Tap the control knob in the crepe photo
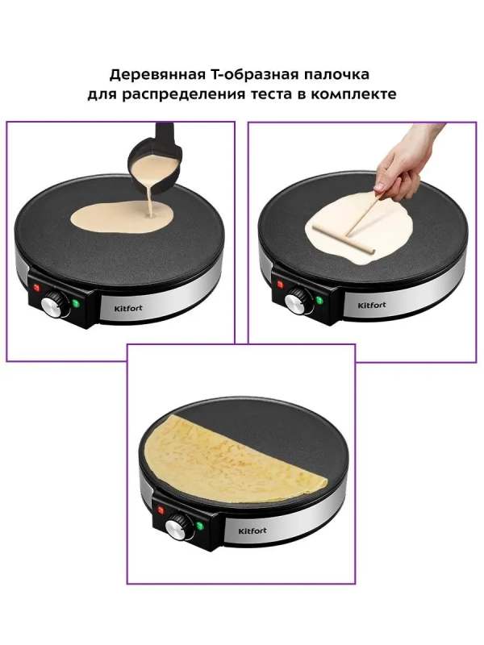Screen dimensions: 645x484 176,528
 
